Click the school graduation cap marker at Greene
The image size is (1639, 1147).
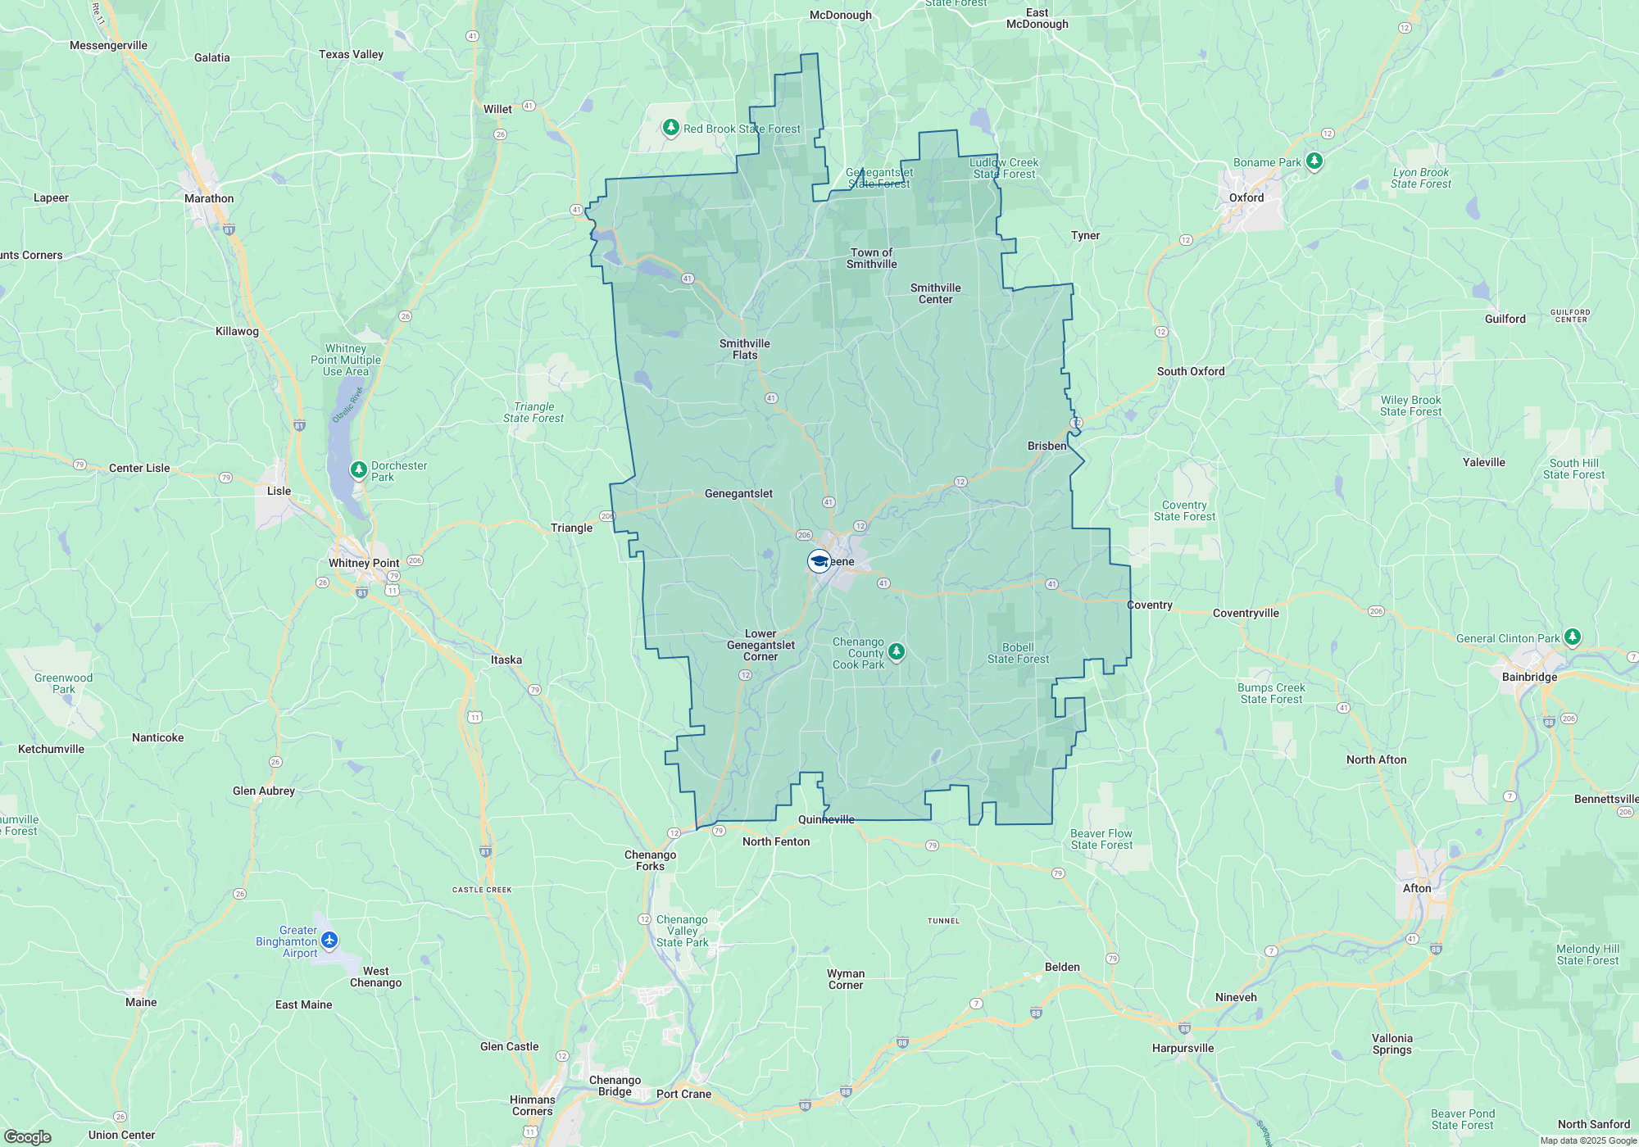pyautogui.click(x=819, y=561)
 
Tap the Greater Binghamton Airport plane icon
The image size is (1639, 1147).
pyautogui.click(x=329, y=940)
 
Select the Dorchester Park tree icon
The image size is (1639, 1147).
pyautogui.click(x=358, y=470)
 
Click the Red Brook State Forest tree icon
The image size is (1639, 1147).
pyautogui.click(x=671, y=128)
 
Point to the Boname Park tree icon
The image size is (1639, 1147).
pyautogui.click(x=1314, y=161)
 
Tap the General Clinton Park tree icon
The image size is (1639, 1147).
pyautogui.click(x=1572, y=637)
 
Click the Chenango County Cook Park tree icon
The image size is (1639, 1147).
pyautogui.click(x=897, y=652)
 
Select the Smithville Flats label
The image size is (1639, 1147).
pyautogui.click(x=744, y=349)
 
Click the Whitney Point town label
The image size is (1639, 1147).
pyautogui.click(x=364, y=563)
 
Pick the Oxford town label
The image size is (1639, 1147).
pyautogui.click(x=1246, y=197)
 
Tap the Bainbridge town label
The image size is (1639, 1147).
pyautogui.click(x=1529, y=677)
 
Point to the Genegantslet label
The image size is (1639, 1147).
pyautogui.click(x=738, y=493)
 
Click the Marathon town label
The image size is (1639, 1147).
pyautogui.click(x=209, y=198)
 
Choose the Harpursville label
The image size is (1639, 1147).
pyautogui.click(x=1183, y=1048)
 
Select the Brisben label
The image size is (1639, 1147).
pyautogui.click(x=1047, y=446)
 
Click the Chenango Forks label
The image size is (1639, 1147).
pyautogui.click(x=650, y=860)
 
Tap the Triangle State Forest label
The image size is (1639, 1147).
pyautogui.click(x=533, y=412)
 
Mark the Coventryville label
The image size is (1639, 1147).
pyautogui.click(x=1246, y=613)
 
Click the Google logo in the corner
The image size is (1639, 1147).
pyautogui.click(x=28, y=1137)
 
